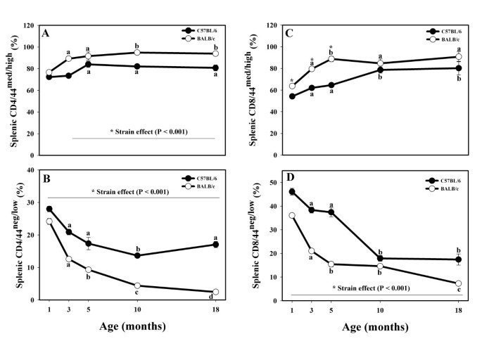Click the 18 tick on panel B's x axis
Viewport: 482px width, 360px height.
pos(215,310)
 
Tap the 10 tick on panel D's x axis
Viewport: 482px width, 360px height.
pos(380,310)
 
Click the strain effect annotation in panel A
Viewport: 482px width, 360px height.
pos(143,132)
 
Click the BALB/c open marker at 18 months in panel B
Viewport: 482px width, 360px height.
pos(215,292)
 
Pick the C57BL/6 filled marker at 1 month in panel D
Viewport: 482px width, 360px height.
pos(292,192)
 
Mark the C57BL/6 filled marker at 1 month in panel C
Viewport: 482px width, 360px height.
pos(292,96)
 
